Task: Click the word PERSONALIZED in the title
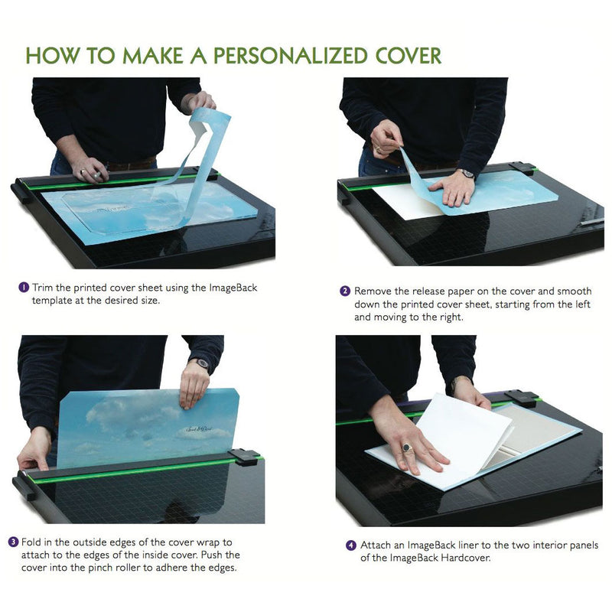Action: coord(290,56)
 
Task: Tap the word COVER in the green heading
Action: coord(409,56)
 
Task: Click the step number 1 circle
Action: coord(24,288)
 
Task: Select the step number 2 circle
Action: coord(345,291)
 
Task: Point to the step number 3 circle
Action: coord(14,542)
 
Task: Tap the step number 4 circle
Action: coord(351,545)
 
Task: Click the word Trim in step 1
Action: coord(43,288)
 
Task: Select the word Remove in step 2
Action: coord(373,291)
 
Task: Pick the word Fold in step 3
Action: coord(31,542)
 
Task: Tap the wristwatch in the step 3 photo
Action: coord(202,363)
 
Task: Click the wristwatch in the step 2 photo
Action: coord(467,173)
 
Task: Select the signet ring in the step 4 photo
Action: coord(406,448)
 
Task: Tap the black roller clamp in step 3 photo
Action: coord(243,457)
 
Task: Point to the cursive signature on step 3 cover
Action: coord(199,429)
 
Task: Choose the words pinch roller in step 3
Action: coord(115,568)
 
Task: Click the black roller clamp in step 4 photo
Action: coord(521,399)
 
